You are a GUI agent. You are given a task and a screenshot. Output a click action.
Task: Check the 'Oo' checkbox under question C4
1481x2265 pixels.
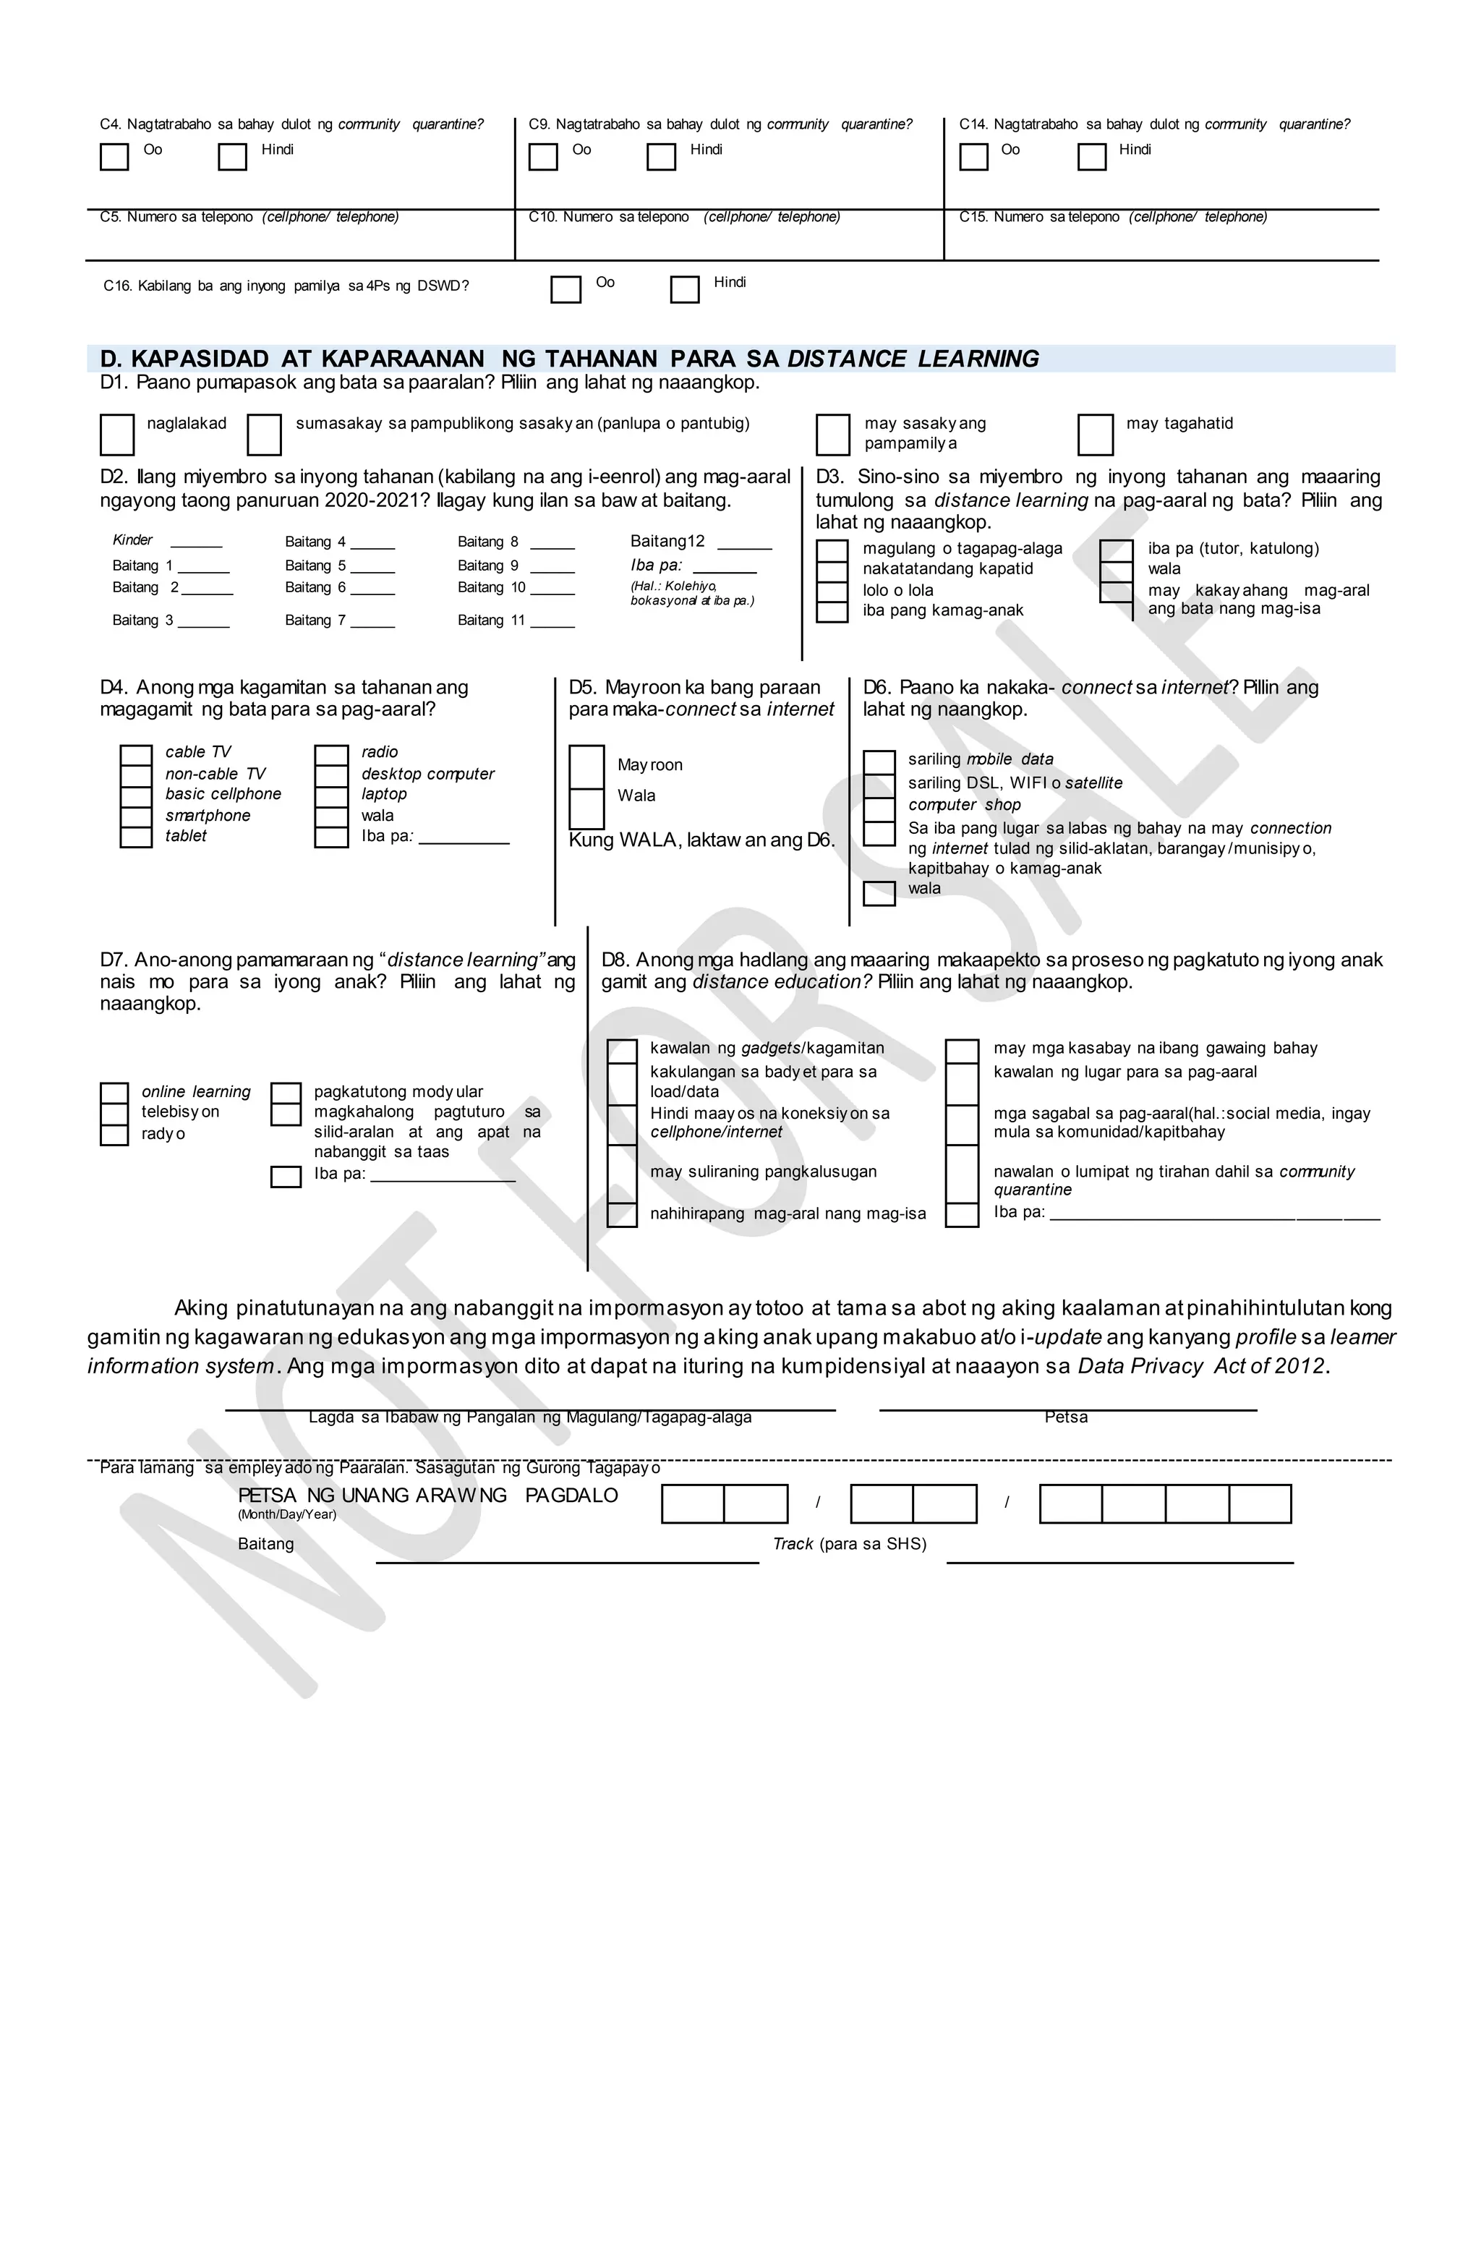(x=114, y=157)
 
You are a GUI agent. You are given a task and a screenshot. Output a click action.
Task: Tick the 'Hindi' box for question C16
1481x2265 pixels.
(x=684, y=289)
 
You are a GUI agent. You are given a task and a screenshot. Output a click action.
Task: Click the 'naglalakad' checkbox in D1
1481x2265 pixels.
(x=117, y=435)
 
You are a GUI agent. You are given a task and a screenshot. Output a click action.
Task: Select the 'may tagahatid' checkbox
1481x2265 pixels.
(x=1095, y=435)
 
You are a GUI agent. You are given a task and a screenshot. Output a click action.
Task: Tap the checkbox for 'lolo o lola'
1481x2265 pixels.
(x=832, y=591)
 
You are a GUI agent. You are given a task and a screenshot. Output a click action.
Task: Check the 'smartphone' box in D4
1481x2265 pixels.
(x=136, y=816)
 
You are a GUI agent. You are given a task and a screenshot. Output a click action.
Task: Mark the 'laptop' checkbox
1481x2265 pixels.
(x=331, y=795)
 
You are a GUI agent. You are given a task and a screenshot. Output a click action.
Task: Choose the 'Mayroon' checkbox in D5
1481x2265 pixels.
(x=586, y=766)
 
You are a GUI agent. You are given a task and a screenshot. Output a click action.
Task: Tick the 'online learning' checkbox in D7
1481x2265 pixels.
(x=114, y=1093)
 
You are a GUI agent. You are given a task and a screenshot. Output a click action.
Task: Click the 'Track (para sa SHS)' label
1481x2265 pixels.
(x=849, y=1543)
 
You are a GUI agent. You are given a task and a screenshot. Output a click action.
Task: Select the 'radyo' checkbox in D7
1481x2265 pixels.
(x=114, y=1135)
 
